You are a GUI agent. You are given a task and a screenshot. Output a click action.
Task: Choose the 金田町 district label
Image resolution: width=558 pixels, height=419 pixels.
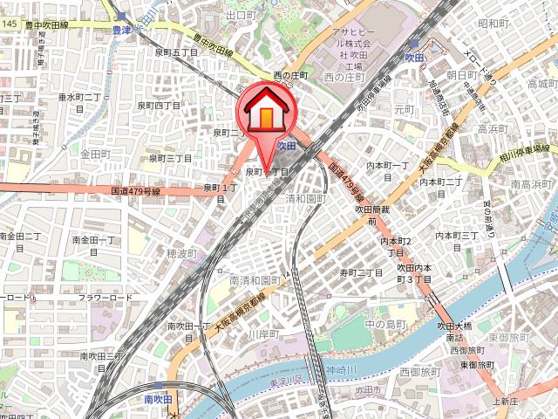tap(92, 154)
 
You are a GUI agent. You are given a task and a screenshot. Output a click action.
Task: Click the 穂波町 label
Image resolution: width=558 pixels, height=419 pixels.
tap(181, 252)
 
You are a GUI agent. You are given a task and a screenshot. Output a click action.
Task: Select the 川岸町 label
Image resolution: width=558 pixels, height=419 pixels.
tap(262, 333)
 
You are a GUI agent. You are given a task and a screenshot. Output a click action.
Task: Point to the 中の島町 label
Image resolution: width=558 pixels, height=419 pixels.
tap(386, 325)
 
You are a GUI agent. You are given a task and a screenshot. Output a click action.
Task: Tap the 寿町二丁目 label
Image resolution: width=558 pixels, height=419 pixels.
tap(362, 272)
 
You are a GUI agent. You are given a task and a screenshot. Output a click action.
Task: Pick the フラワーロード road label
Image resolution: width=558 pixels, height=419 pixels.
tap(105, 298)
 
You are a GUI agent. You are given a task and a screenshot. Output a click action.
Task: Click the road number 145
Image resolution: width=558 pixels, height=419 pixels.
tap(9, 23)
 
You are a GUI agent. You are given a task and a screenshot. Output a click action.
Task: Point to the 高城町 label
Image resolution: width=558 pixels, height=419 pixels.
tap(541, 84)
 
